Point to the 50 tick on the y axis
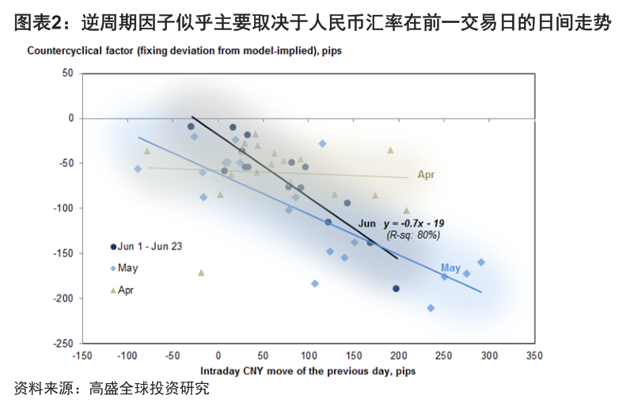click(x=66, y=73)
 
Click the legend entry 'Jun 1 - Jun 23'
click(x=150, y=247)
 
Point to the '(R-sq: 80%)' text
click(x=412, y=235)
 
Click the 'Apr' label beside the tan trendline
click(x=427, y=175)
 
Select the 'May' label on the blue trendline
click(x=450, y=268)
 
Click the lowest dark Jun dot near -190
click(x=396, y=288)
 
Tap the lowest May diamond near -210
click(x=431, y=308)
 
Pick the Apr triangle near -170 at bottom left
click(x=201, y=272)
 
